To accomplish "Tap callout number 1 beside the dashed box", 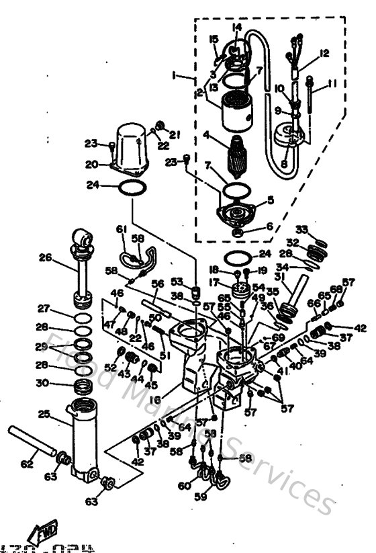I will point(175,76).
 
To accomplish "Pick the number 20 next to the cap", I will point(91,163).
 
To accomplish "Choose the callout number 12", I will point(324,52).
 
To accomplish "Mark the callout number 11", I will point(330,85).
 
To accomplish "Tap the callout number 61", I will point(122,230).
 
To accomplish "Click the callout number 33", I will point(301,229).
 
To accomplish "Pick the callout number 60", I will point(183,486).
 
